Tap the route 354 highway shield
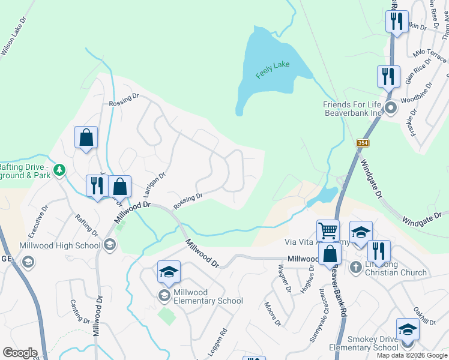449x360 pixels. pos(362,143)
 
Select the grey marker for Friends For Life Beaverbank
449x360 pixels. pos(391,108)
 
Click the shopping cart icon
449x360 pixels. pos(328,231)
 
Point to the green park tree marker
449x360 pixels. pos(59,170)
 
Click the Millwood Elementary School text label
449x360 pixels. pos(208,296)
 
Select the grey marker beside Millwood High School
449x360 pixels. pos(109,244)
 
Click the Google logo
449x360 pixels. pos(20,352)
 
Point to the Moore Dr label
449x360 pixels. pos(273,314)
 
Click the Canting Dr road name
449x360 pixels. pos(79,311)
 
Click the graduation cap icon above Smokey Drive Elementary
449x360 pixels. pos(408,330)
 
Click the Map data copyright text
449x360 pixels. pos(412,355)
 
